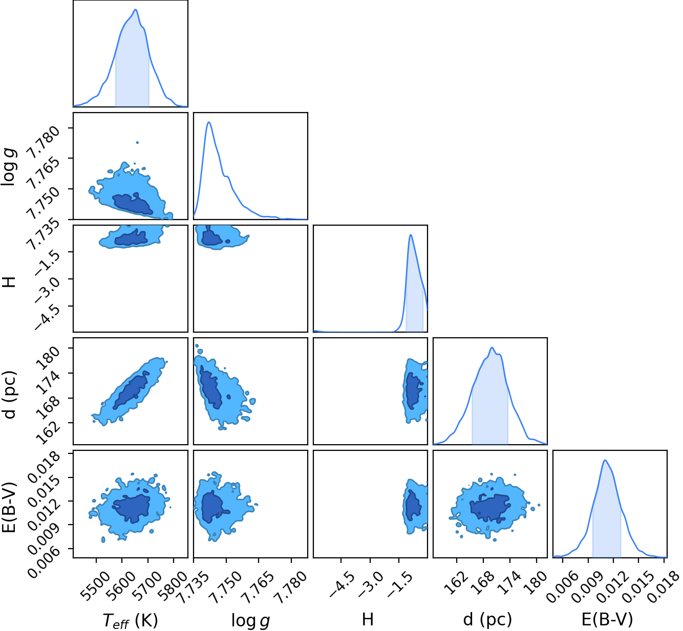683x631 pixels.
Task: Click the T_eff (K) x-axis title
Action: (x=131, y=621)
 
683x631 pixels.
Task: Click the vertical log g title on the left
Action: (x=9, y=167)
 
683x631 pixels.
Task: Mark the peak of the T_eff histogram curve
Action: (x=136, y=10)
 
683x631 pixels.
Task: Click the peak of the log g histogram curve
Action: (x=208, y=122)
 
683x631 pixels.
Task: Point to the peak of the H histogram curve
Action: (x=411, y=235)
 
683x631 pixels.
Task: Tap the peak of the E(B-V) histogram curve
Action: (x=605, y=460)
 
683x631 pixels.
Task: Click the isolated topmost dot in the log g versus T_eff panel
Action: (x=137, y=142)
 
